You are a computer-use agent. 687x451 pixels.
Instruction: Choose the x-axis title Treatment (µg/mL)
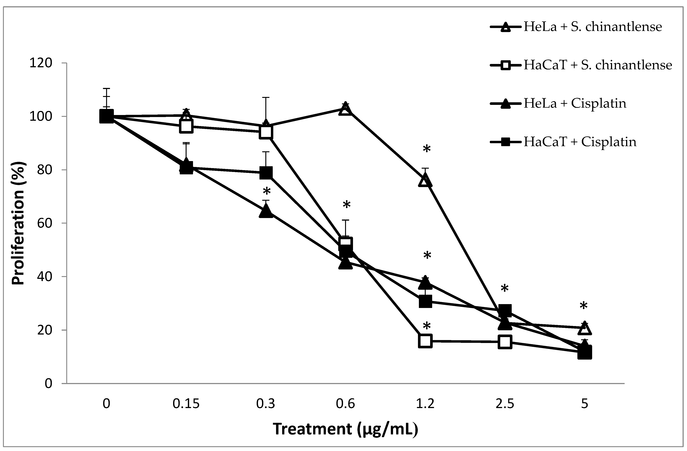point(345,429)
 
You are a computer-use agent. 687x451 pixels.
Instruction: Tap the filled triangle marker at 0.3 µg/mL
point(266,211)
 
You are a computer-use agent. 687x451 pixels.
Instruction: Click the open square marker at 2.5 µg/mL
point(505,342)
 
